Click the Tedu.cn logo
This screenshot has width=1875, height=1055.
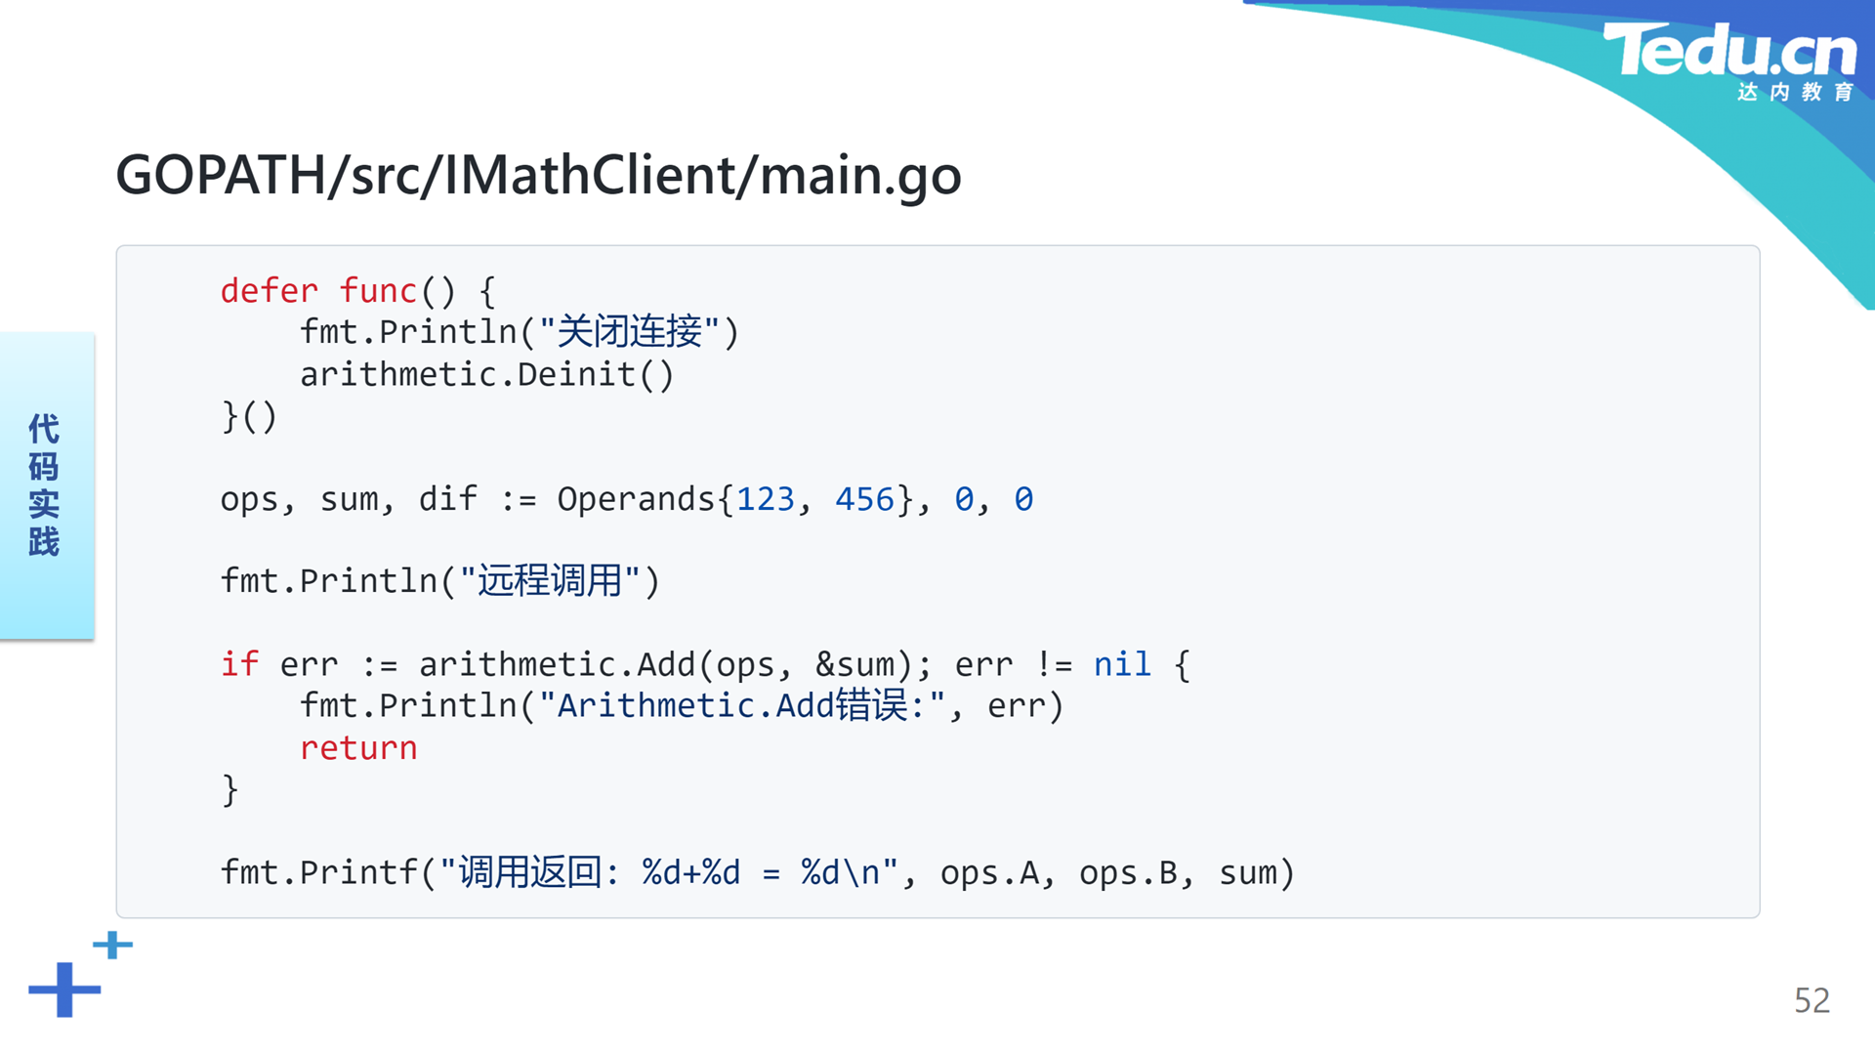1729,61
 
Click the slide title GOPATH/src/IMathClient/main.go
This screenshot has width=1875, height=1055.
538,176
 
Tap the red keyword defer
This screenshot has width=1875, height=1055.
270,291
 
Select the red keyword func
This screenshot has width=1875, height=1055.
378,291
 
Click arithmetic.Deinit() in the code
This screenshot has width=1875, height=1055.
486,374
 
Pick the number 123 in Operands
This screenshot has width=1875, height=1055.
766,499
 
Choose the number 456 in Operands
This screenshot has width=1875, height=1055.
864,499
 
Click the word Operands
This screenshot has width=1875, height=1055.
636,499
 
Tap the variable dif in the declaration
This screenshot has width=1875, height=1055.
448,499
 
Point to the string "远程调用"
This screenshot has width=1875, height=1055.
550,581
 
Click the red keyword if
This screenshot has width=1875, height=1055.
240,664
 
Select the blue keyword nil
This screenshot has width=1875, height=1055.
1122,664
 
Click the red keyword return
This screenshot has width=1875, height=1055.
358,748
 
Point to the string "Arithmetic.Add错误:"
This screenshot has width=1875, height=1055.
742,705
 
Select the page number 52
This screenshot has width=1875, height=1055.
1812,1000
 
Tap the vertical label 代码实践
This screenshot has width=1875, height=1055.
44,485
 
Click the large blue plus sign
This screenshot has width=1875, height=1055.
64,990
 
